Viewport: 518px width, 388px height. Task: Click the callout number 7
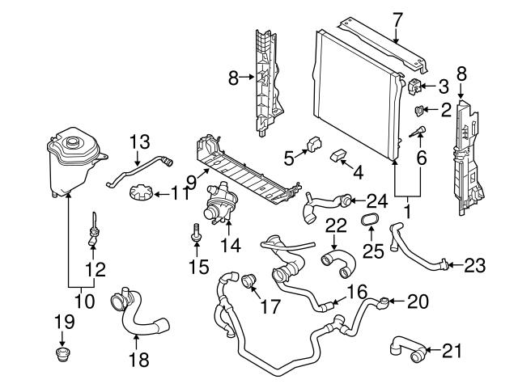pos(396,15)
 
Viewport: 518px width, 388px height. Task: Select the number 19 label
pos(64,323)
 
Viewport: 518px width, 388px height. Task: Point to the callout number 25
pos(372,252)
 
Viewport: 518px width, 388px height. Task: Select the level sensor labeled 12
pos(94,235)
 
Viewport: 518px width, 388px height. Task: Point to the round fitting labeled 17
pos(246,280)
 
